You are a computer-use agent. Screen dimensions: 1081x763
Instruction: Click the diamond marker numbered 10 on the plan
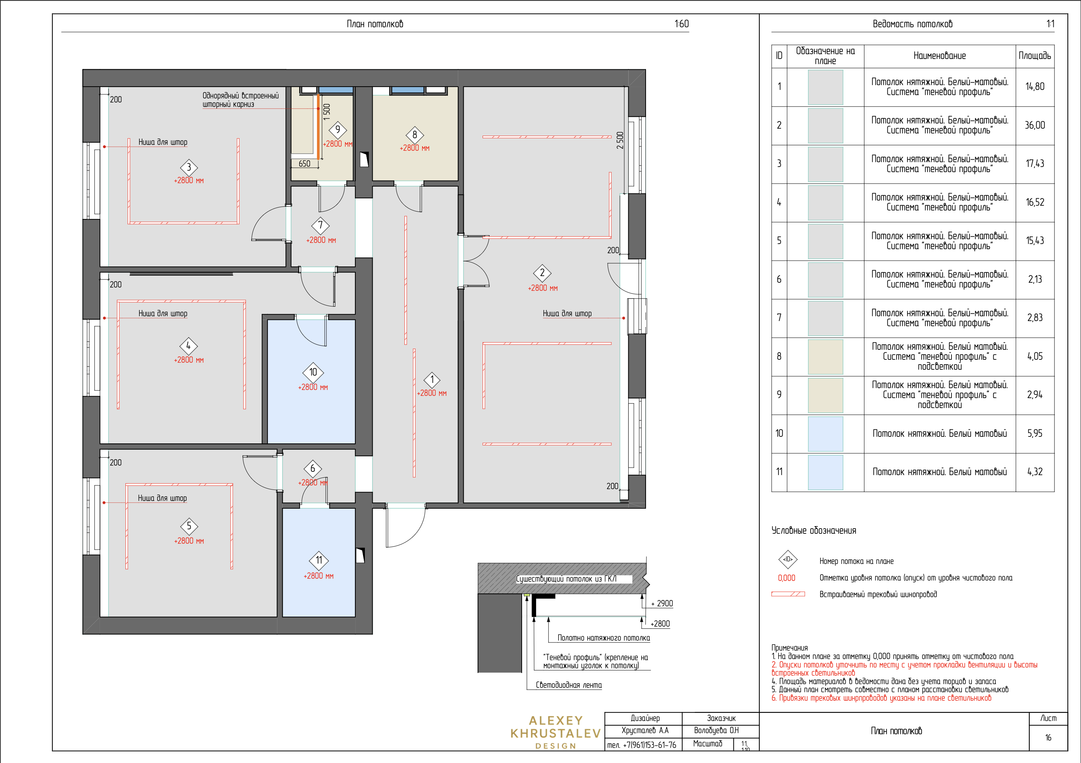313,372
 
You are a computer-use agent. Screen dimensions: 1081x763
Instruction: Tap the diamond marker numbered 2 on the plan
542,273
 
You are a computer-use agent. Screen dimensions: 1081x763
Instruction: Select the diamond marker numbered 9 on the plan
338,130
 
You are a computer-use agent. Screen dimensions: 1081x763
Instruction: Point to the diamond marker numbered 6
312,468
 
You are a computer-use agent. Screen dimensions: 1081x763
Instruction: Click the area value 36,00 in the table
1035,125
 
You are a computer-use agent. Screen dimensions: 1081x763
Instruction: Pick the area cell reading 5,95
1035,433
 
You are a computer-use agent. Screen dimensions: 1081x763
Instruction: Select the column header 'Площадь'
1035,56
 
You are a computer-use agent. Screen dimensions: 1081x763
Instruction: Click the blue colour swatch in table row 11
825,472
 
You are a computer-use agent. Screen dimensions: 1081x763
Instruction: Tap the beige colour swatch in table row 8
825,356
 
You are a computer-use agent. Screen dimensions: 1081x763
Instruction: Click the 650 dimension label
305,164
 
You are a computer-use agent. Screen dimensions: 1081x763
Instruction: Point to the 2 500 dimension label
620,140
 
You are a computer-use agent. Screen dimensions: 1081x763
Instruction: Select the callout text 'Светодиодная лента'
569,685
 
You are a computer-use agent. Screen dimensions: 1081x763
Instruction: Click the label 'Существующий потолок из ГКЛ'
566,579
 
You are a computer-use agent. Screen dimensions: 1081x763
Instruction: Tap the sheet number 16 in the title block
1048,738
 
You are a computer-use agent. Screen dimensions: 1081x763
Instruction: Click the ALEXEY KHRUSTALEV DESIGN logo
556,732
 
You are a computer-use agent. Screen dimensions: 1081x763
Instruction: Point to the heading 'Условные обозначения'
814,531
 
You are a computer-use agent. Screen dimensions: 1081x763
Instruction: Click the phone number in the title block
641,745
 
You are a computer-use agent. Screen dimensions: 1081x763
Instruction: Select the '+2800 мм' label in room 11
319,576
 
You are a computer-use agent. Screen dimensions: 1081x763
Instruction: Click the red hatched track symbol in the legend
788,594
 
